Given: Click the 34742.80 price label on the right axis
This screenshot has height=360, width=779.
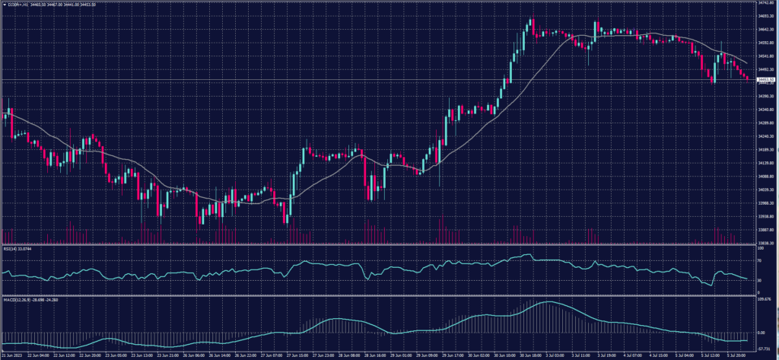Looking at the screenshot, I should click(766, 4).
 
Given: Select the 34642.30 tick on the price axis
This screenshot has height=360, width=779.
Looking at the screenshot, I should click(766, 30).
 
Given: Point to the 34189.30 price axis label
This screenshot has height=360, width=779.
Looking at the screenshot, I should click(766, 150).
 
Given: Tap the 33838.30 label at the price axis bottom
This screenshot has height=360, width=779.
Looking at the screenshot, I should click(766, 242).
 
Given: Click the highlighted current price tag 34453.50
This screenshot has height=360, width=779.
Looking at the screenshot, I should click(766, 79).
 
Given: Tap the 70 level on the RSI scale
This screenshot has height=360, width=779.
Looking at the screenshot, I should click(760, 260).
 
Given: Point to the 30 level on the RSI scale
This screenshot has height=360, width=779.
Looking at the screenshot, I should click(760, 281).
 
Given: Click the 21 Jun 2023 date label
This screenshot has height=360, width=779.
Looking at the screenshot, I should click(11, 355).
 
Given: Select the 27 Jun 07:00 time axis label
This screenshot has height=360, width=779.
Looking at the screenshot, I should click(270, 355).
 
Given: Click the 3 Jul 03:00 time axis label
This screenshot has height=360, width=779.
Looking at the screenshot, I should click(533, 355).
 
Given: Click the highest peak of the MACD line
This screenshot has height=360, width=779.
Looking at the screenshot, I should click(548, 302).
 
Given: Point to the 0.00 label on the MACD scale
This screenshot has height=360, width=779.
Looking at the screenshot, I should click(762, 333).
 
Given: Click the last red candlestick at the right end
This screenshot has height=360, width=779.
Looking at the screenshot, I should click(748, 78).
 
